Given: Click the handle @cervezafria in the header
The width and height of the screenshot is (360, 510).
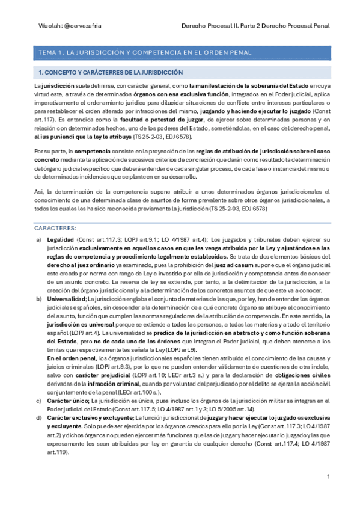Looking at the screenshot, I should tap(72, 26).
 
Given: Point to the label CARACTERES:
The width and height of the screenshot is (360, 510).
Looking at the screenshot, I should tap(55, 229).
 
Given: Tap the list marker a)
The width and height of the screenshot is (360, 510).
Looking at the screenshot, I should tap(40, 239).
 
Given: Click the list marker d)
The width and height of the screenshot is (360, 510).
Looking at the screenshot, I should tap(40, 417).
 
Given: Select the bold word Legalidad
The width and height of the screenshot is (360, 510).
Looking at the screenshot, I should tap(61, 239).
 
